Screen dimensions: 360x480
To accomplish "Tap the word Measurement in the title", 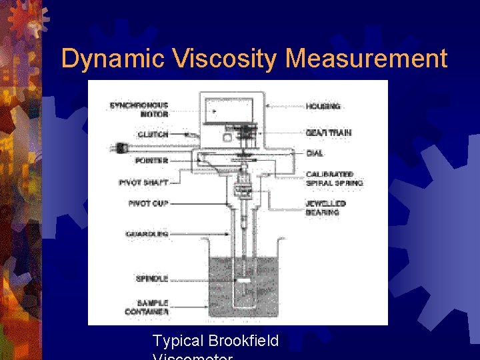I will click(x=366, y=59).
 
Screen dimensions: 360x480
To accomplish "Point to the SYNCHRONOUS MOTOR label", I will click(x=139, y=110).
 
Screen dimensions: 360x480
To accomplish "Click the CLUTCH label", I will click(x=153, y=135).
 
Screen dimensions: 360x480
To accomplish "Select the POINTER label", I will click(x=151, y=161).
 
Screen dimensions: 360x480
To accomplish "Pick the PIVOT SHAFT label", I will click(x=143, y=182).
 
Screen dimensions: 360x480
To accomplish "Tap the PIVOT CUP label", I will click(x=148, y=203).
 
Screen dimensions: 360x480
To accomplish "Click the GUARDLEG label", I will click(x=147, y=234).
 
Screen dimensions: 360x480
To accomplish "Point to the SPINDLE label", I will click(x=152, y=278).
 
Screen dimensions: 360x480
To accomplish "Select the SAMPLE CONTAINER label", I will click(x=147, y=307).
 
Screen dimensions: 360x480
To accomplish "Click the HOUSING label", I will click(x=323, y=106).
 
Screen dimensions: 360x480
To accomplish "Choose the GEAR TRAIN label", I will click(x=329, y=133).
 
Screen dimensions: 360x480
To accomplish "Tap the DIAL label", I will click(x=315, y=153).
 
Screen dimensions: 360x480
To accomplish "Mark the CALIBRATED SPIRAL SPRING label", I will click(x=334, y=179).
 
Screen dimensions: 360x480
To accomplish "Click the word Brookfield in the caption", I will click(x=243, y=341).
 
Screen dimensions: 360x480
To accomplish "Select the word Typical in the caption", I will click(x=178, y=341).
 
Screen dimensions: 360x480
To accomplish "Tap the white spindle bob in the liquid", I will click(x=244, y=281).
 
